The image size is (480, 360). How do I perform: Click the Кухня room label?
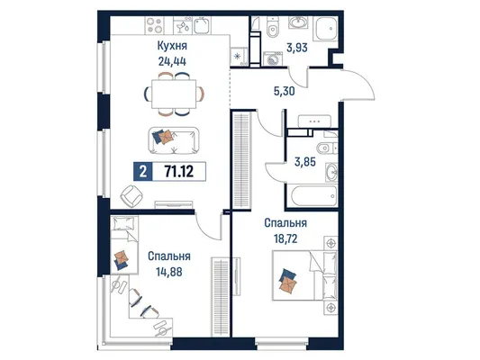tap(172, 46)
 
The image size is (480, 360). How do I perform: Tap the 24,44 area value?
tap(172, 61)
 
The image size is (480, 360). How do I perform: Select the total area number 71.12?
tap(179, 171)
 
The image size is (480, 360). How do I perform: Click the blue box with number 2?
tap(142, 171)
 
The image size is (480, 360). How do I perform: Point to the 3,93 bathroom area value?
tap(296, 48)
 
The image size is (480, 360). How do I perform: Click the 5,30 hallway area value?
tap(285, 91)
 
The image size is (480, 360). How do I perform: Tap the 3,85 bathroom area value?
tap(305, 162)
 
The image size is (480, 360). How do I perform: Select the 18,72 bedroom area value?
tap(285, 238)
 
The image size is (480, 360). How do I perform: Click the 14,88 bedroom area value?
tap(169, 272)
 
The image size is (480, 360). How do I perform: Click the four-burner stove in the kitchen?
tap(154, 25)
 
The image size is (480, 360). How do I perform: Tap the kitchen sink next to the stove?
tap(202, 25)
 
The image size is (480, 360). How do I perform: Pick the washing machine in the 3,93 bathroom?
tap(273, 58)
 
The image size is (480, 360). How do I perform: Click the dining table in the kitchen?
tap(174, 94)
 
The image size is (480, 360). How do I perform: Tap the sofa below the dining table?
tap(174, 140)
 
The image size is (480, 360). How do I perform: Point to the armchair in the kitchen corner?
tap(131, 196)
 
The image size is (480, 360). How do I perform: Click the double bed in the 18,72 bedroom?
tap(304, 275)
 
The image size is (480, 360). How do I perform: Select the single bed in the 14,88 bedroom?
tap(124, 245)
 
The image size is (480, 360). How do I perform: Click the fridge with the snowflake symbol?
tap(239, 57)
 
